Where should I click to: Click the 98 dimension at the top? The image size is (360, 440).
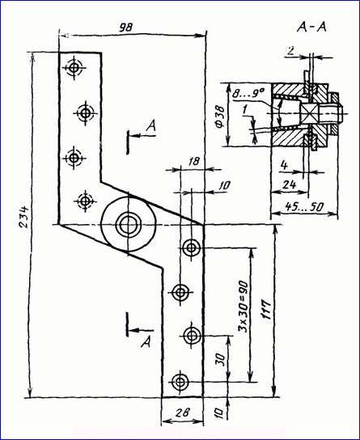pos(125,27)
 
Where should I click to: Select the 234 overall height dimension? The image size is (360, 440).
pos(24,217)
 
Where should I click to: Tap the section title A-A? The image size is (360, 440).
pos(311,27)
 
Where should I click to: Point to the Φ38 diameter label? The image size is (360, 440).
pos(221,116)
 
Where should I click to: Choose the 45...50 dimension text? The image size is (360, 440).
pos(304,207)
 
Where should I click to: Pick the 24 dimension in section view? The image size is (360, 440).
pos(289,184)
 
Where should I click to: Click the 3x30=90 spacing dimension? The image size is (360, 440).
pos(244,307)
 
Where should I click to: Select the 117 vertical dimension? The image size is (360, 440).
pos(266,309)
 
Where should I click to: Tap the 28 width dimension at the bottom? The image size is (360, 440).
pos(183,412)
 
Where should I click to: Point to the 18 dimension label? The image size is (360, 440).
pos(193,161)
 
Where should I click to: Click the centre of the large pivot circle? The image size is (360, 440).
pos(128,225)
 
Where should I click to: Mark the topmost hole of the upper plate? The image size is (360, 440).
pos(74,67)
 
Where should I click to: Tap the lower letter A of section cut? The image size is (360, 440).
pos(146,342)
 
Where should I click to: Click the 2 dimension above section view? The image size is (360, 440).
pos(291,50)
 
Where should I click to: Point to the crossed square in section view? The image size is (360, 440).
pos(309,114)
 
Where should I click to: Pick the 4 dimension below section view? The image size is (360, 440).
pos(284,165)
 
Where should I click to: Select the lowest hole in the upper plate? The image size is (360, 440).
pos(85,201)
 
